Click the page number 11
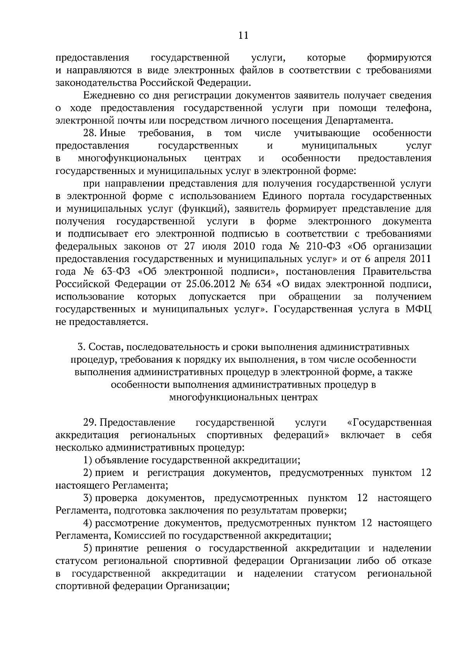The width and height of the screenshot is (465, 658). point(243,36)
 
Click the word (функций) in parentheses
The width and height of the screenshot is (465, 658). point(203,208)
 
